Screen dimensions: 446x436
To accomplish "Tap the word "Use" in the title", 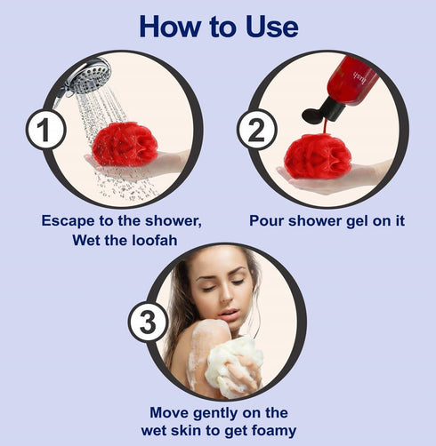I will pos(266,26).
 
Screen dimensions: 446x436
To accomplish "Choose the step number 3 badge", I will pos(147,322).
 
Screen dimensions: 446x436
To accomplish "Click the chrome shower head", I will pos(87,78).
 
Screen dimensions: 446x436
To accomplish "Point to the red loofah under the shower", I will pos(125,145).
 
